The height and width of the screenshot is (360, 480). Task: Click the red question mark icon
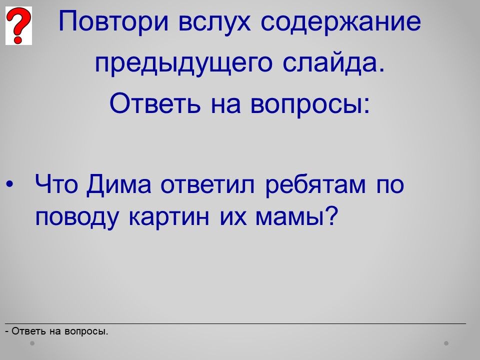pyautogui.click(x=18, y=25)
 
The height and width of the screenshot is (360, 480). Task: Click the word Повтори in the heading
pyautogui.click(x=113, y=21)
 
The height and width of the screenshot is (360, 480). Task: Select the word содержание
pyautogui.click(x=340, y=21)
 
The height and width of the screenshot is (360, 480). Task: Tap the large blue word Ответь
pyautogui.click(x=155, y=102)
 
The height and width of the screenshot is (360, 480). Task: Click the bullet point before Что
pyautogui.click(x=9, y=184)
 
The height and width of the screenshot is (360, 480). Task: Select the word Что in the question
pyautogui.click(x=56, y=184)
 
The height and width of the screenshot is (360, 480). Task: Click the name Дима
pyautogui.click(x=119, y=185)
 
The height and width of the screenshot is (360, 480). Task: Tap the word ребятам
pyautogui.click(x=315, y=185)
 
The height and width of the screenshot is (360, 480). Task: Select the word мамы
pyautogui.click(x=288, y=217)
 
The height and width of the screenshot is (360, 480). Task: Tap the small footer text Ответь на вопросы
pyautogui.click(x=60, y=331)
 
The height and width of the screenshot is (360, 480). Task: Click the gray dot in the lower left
pyautogui.click(x=32, y=343)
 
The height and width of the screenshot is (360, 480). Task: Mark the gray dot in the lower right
pyautogui.click(x=446, y=343)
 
